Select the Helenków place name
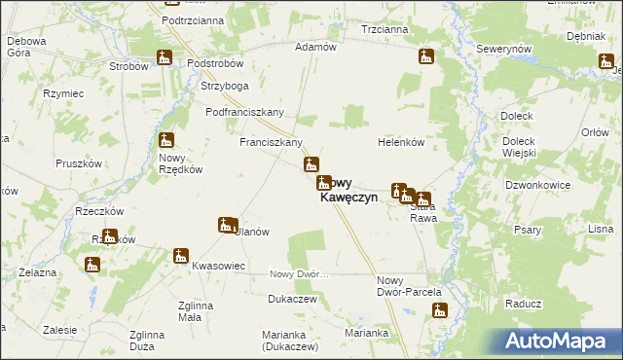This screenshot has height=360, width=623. [401, 142]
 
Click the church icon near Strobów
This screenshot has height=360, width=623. [165, 58]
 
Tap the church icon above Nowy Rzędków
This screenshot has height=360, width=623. [166, 141]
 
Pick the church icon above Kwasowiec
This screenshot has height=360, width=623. [181, 257]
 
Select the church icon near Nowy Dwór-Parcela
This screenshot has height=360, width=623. [440, 311]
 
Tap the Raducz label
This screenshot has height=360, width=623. [523, 304]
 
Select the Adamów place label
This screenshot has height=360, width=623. [315, 47]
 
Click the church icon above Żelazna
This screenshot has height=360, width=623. [92, 265]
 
